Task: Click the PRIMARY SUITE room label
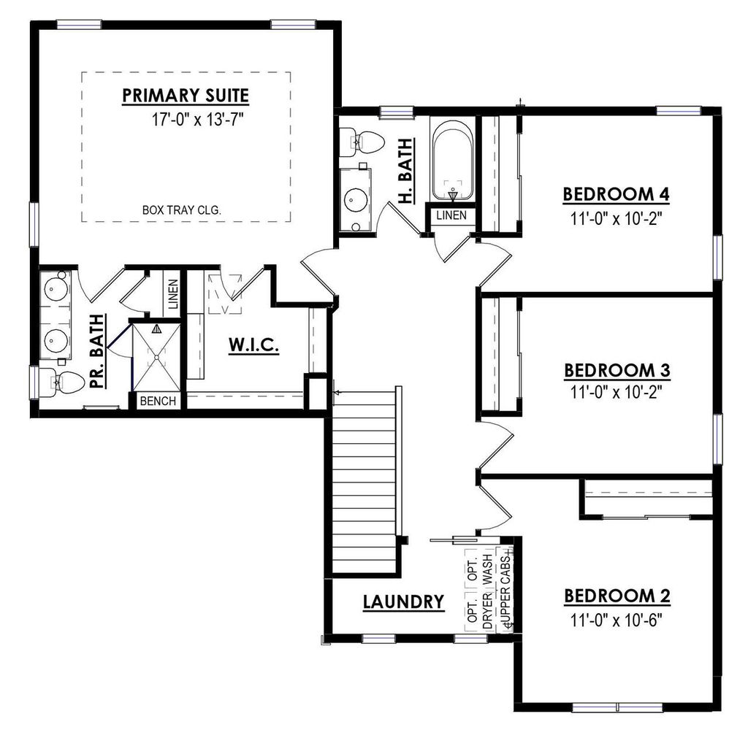(186, 96)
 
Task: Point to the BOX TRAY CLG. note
(182, 211)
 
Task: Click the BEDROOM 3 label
(617, 370)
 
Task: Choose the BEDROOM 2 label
(617, 596)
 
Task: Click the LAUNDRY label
(403, 601)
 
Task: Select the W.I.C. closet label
(253, 345)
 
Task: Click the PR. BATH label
(96, 355)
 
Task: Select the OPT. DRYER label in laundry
(472, 591)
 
